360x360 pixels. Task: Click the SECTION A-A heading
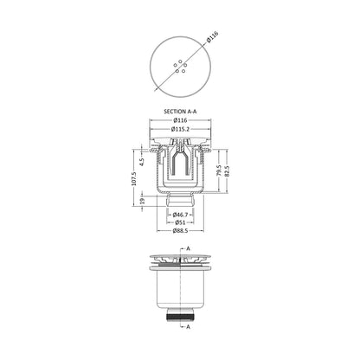pyautogui.click(x=180, y=112)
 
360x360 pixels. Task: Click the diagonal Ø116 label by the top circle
pyautogui.click(x=213, y=37)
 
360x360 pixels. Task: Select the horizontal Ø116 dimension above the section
pyautogui.click(x=180, y=120)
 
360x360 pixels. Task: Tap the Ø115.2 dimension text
pyautogui.click(x=180, y=129)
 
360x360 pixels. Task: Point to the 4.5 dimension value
pyautogui.click(x=142, y=162)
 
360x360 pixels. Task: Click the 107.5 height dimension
pyautogui.click(x=133, y=179)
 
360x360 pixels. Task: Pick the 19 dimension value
pyautogui.click(x=142, y=201)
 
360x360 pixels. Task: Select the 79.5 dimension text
pyautogui.click(x=218, y=170)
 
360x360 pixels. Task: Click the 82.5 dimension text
pyautogui.click(x=227, y=170)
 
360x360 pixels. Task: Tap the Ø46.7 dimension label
pyautogui.click(x=180, y=215)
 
